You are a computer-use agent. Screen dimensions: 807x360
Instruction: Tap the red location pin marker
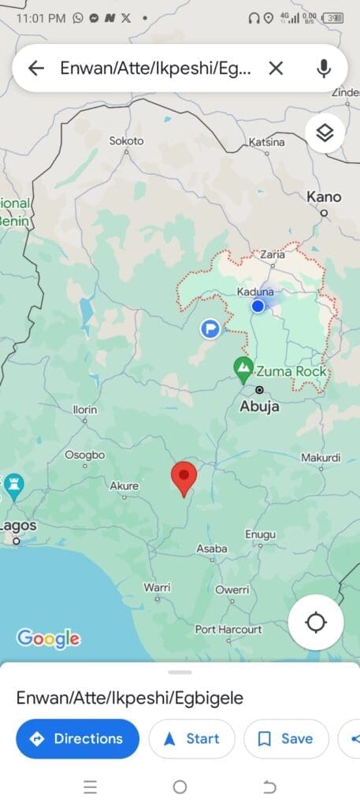pos(184,478)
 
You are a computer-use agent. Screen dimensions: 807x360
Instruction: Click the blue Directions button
pos(77,738)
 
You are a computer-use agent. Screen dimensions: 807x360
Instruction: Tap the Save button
pos(286,738)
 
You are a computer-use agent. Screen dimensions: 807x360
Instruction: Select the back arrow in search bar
pos(35,69)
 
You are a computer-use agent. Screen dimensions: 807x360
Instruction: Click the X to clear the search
pos(276,69)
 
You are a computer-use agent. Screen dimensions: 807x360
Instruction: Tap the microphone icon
pos(324,69)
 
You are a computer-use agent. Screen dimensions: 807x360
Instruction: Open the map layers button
pos(325,133)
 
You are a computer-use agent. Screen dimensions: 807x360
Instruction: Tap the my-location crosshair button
pos(315,623)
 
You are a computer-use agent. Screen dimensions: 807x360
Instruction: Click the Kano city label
pos(324,196)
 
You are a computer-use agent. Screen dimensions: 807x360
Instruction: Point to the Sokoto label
pos(126,141)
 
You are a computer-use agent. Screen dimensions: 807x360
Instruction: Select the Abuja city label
pos(258,407)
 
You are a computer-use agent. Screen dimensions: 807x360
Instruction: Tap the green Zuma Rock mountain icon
pos(244,366)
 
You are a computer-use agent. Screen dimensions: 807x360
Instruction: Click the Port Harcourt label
pos(228,630)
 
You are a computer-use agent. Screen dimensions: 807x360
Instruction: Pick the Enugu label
pos(260,535)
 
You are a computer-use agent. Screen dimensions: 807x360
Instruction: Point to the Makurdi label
pos(321,458)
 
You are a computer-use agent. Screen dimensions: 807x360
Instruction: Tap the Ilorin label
pos(85,411)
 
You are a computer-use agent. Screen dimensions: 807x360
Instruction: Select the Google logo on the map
pos(48,638)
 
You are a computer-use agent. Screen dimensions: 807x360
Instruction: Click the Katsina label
pos(265,142)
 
